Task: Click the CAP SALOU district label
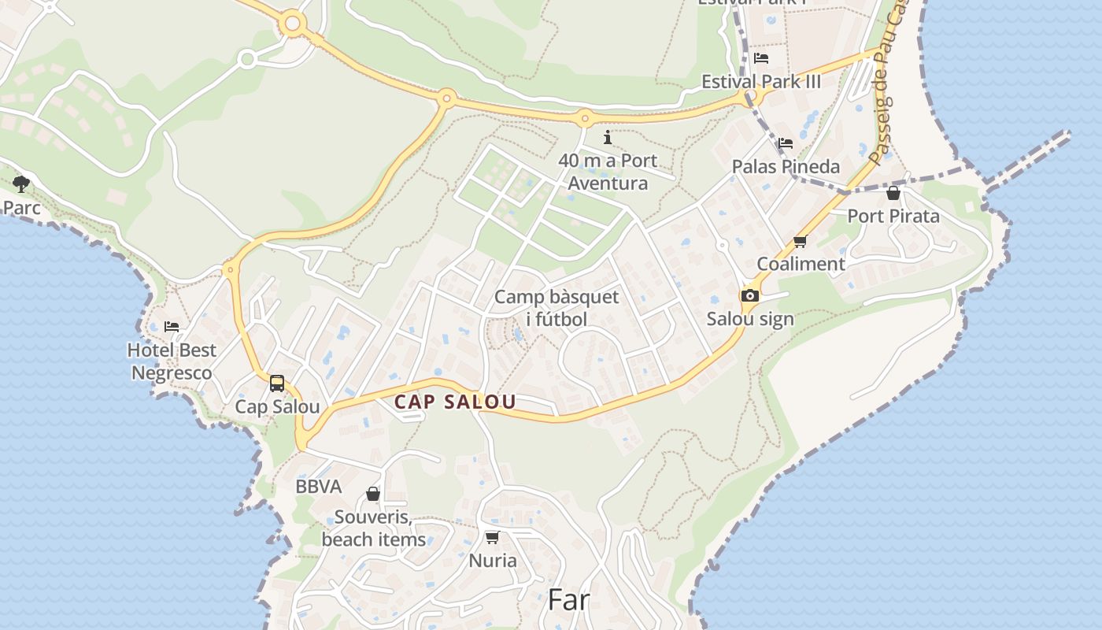click(x=455, y=402)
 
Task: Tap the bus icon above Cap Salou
click(x=277, y=384)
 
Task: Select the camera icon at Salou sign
click(x=750, y=295)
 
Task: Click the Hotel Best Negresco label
click(x=172, y=361)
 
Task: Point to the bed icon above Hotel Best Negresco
click(x=172, y=327)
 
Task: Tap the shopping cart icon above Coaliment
click(x=801, y=242)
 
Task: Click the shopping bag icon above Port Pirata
click(x=893, y=193)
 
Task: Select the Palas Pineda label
click(x=786, y=167)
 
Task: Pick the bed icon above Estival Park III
click(x=760, y=58)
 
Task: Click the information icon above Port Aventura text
click(x=607, y=138)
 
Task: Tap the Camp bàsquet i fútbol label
click(x=557, y=308)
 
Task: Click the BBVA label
click(x=318, y=487)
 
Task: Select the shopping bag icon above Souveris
click(x=373, y=494)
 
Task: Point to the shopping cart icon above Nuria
click(x=493, y=538)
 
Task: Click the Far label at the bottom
click(x=568, y=600)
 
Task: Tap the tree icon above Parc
click(x=21, y=184)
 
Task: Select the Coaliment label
click(x=801, y=264)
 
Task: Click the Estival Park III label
click(x=760, y=81)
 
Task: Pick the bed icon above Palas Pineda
click(x=786, y=143)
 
